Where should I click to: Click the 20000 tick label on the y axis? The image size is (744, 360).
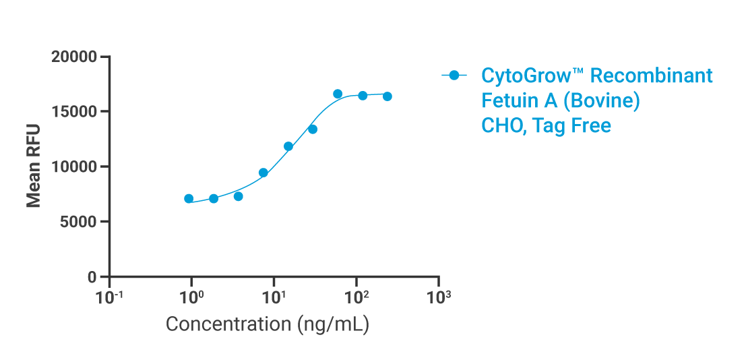point(75,57)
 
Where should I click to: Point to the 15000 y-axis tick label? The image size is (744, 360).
point(75,112)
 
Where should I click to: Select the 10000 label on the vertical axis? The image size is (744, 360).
point(75,167)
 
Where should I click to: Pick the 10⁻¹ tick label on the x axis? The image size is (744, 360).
point(109,297)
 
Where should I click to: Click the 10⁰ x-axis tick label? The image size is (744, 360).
point(191,297)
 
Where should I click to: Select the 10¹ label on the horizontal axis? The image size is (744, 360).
point(274,297)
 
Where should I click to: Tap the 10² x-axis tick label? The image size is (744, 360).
point(356,297)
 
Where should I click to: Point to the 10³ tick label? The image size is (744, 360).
point(439,297)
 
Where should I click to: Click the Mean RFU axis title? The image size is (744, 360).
point(34,166)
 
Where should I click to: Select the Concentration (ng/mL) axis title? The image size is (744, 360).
point(267,324)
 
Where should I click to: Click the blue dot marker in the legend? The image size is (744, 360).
point(454,76)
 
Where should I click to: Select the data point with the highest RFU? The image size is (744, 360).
point(338,94)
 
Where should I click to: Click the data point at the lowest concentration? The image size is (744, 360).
point(189,199)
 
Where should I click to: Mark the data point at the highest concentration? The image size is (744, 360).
point(387,96)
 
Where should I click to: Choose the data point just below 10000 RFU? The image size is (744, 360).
point(263,173)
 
